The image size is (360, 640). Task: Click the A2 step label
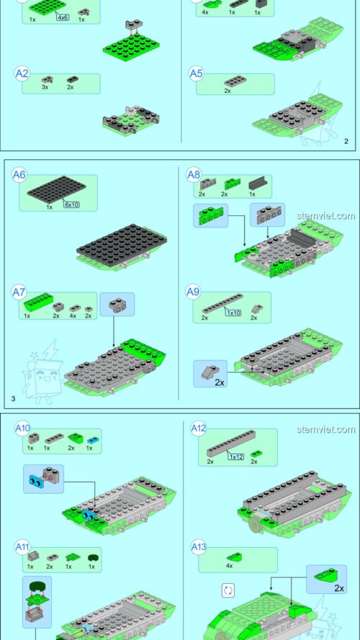pos(22,73)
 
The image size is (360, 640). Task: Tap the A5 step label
pos(197,74)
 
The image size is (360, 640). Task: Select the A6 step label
pos(19,175)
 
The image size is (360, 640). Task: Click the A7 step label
pos(19,292)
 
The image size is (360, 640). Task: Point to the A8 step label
pos(194,175)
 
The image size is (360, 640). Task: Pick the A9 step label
pos(193,292)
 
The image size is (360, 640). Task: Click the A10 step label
pos(23,428)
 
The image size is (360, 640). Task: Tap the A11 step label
pos(23,547)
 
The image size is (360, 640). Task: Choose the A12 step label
pos(199,428)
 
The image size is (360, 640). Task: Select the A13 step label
pos(199,547)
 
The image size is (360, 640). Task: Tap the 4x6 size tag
pos(63,17)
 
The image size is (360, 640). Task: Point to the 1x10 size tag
pos(233,313)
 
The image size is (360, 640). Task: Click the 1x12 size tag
pos(236,456)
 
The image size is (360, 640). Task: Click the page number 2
pos(346,142)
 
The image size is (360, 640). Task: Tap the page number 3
pos(13,399)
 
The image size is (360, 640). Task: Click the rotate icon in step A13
pos(228,590)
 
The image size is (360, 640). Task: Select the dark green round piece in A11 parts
pos(94,556)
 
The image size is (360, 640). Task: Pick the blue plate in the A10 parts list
pos(94,440)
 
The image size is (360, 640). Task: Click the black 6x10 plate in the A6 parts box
pos(56,189)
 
